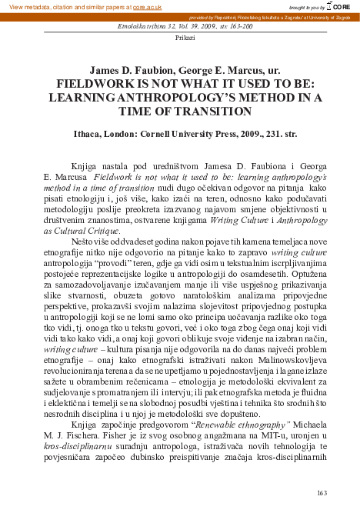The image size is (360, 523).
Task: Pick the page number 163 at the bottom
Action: (322, 492)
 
